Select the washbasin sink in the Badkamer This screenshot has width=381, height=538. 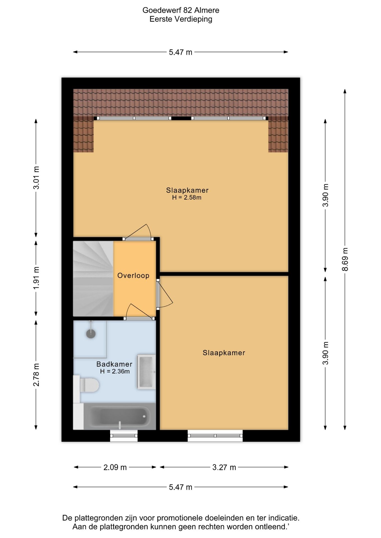[x=146, y=372]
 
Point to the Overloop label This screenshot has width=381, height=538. [x=133, y=275]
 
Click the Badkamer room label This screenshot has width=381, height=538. [x=114, y=364]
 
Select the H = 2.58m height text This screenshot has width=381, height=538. [x=187, y=198]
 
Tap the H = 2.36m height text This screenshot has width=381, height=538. [x=115, y=372]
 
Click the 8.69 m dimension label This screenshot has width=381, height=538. [x=345, y=259]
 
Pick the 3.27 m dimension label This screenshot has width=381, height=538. [x=224, y=467]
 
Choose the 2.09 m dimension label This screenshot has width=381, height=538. [x=115, y=467]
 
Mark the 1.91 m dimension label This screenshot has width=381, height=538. [x=36, y=279]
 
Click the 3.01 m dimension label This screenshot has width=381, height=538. [x=36, y=178]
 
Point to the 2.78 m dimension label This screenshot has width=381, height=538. [x=36, y=375]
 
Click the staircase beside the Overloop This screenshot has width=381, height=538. [x=93, y=279]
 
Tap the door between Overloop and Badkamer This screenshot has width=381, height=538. [x=139, y=312]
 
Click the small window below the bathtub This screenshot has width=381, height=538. [x=124, y=436]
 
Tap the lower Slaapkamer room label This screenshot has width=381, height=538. [x=224, y=353]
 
